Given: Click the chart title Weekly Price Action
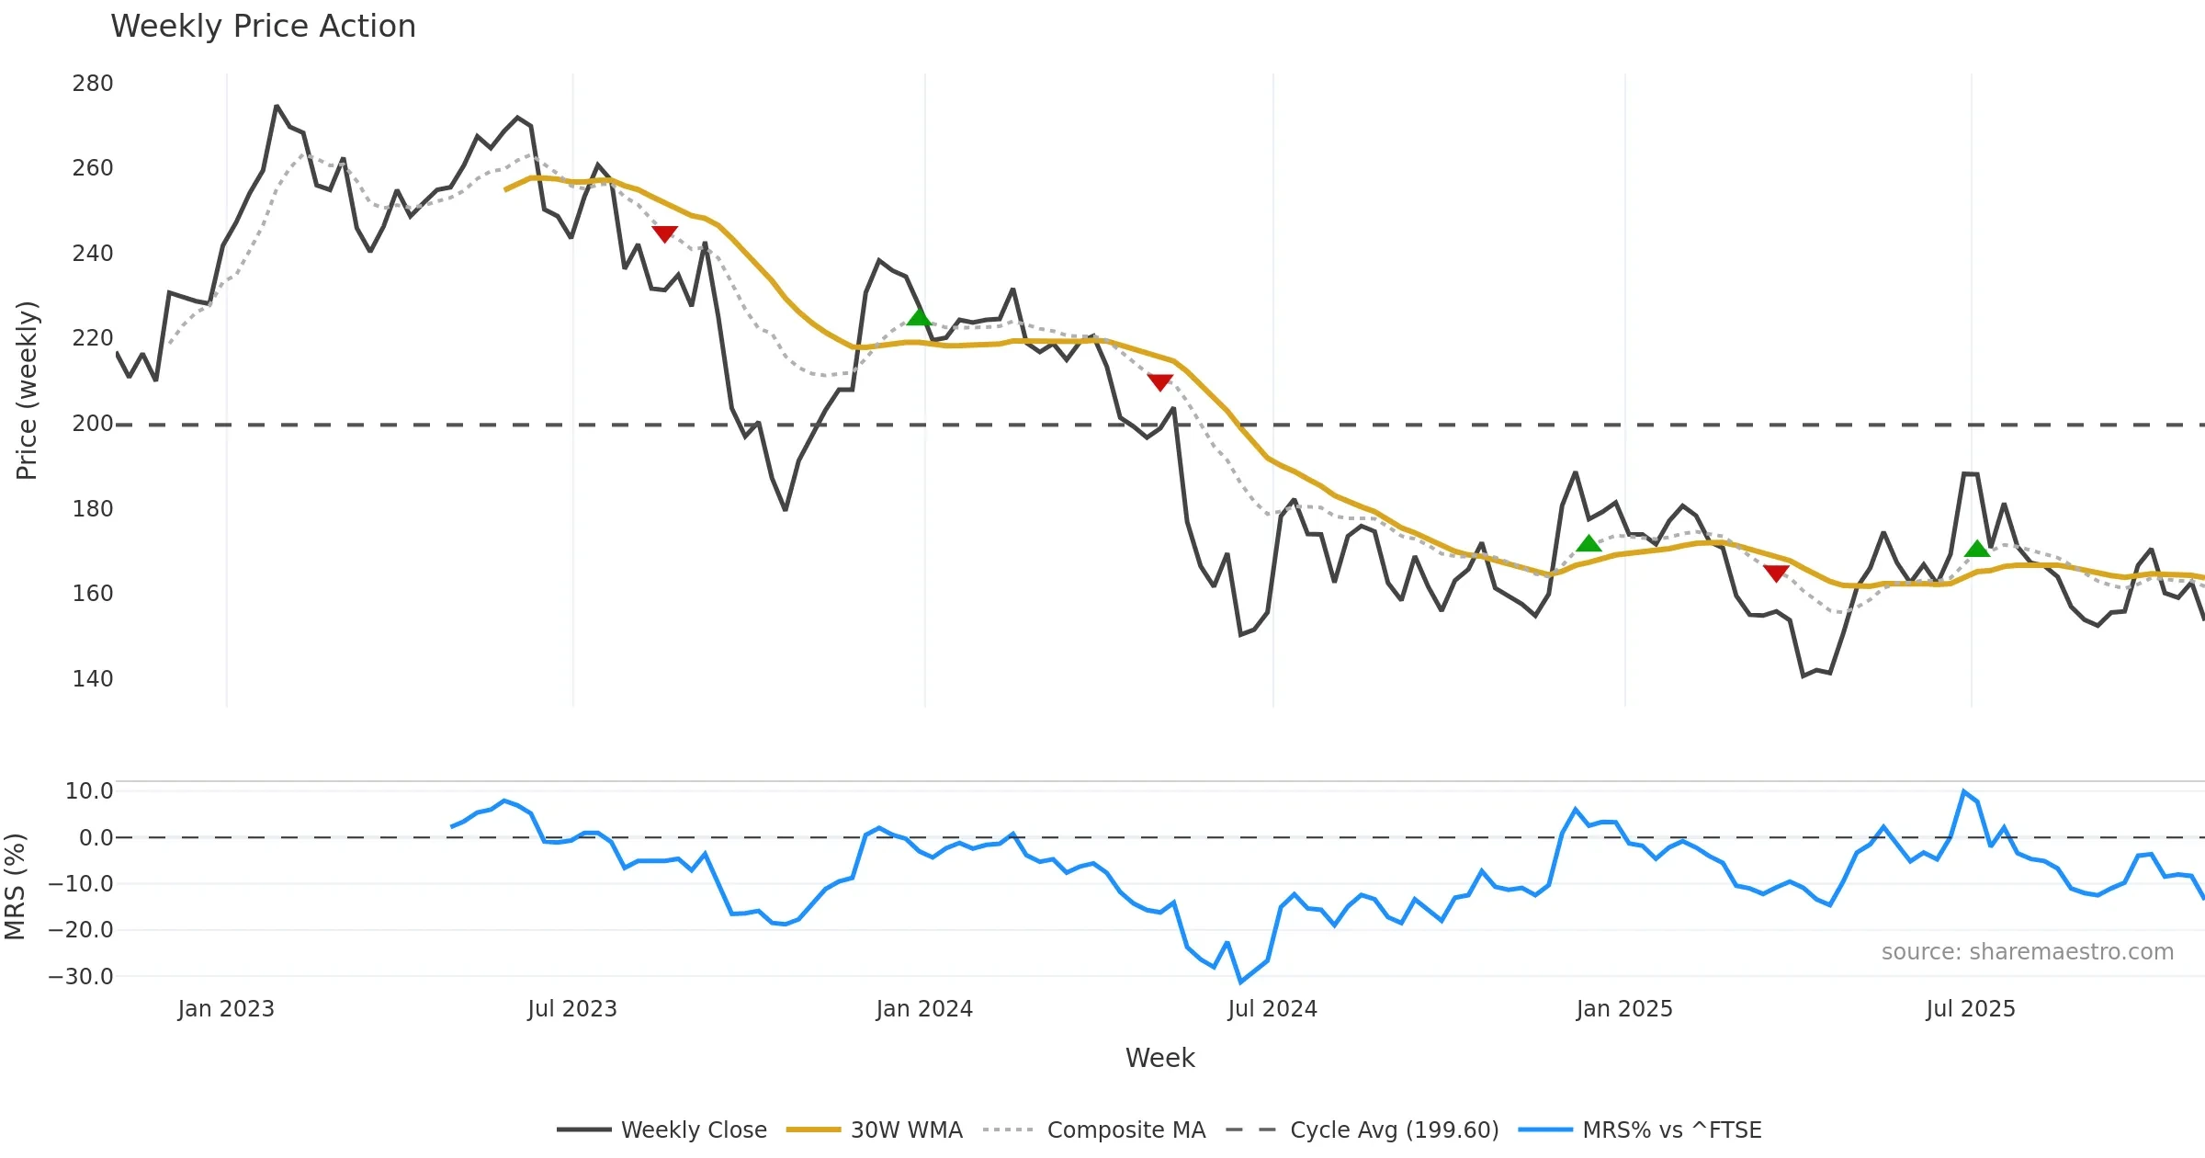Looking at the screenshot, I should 263,27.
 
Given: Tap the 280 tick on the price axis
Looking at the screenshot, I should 93,84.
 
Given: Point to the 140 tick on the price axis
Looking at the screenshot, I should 93,679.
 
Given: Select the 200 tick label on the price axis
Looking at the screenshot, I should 93,424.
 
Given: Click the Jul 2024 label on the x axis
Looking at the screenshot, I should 1272,1009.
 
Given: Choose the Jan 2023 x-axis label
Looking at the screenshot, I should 226,1009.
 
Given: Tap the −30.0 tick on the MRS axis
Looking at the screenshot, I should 81,977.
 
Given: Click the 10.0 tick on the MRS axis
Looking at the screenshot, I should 89,791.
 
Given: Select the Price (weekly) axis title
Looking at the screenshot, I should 27,391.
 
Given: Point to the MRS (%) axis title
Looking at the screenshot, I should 16,886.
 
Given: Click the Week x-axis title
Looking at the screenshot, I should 1159,1059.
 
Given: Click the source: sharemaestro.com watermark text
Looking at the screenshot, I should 2027,952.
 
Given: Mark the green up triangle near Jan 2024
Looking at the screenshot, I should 919,318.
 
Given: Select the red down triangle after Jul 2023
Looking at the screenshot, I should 664,234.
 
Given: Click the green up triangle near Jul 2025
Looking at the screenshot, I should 1977,550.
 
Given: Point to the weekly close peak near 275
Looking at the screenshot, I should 277,107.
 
